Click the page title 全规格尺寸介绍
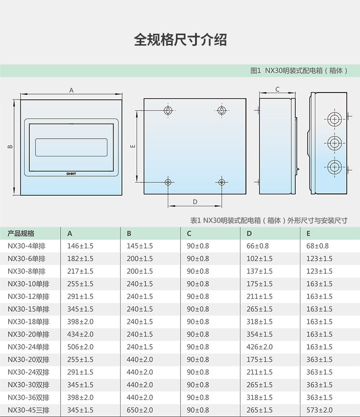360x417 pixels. [x=180, y=40]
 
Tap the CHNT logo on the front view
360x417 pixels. [x=71, y=174]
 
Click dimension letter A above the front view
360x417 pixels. [x=71, y=90]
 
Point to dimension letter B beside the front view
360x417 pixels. [x=10, y=146]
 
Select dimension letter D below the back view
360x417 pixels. [x=195, y=202]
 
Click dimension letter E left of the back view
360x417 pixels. [x=133, y=146]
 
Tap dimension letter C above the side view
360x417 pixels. [x=277, y=89]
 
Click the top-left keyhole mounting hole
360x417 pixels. [x=168, y=110]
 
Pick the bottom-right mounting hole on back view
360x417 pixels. [x=221, y=182]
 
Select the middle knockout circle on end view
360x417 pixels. [x=334, y=143]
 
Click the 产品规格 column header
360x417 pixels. [x=21, y=234]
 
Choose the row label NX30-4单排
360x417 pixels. [x=26, y=246]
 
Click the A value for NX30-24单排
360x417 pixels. [x=80, y=347]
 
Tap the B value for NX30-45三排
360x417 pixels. [x=140, y=410]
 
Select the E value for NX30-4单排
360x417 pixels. [x=318, y=246]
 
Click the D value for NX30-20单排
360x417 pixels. [x=260, y=334]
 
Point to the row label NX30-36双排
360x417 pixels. [x=28, y=397]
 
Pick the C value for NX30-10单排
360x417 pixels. [x=198, y=284]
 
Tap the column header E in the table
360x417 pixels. [x=308, y=234]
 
